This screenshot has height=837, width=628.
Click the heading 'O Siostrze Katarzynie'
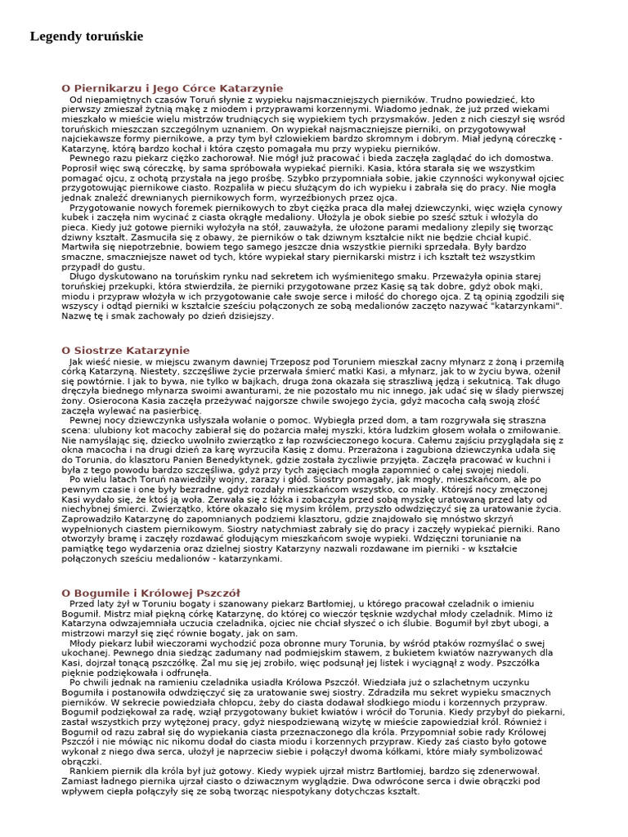tap(125, 350)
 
